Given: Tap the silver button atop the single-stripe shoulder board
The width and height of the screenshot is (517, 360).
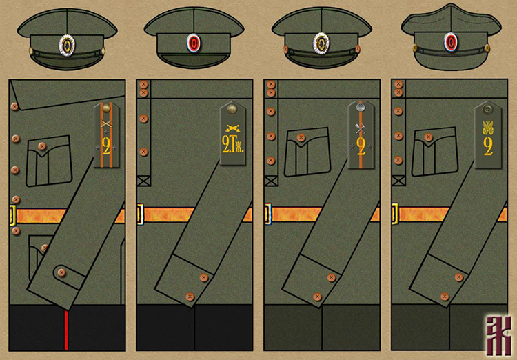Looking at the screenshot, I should pos(361,107).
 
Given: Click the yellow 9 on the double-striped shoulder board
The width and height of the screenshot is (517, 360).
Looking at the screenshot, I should pos(106,146).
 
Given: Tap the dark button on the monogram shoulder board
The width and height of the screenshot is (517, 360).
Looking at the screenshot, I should pos(488,108).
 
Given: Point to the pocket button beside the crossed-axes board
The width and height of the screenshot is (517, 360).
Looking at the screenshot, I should pos(301,139).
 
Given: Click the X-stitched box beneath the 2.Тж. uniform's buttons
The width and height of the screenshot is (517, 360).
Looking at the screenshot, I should pos(143,181).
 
